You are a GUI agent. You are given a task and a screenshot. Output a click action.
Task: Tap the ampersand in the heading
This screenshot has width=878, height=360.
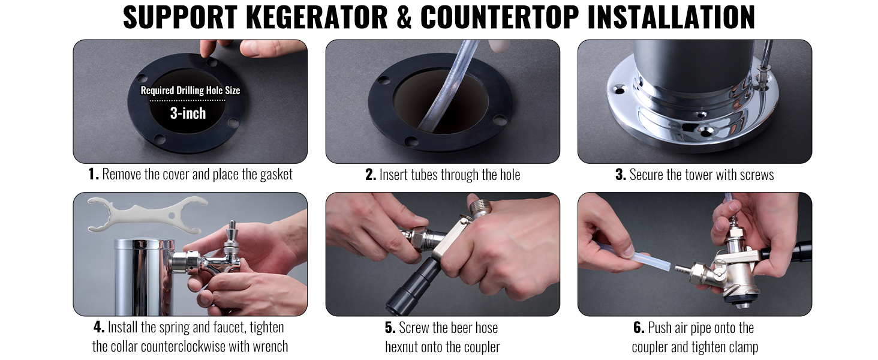[x=404, y=17]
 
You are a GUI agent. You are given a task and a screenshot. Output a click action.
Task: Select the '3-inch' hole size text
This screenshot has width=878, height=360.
[x=188, y=113]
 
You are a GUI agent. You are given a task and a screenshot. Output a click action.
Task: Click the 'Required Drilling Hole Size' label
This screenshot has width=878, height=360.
[x=190, y=91]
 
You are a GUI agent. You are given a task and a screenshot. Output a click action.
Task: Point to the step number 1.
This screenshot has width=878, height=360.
[x=94, y=174]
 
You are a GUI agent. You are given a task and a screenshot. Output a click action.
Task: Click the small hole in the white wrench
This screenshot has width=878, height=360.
[x=172, y=215]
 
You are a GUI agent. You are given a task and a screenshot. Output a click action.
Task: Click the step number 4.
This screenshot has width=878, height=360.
[x=99, y=327]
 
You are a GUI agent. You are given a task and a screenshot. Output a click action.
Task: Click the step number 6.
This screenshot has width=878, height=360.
[x=639, y=328]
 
